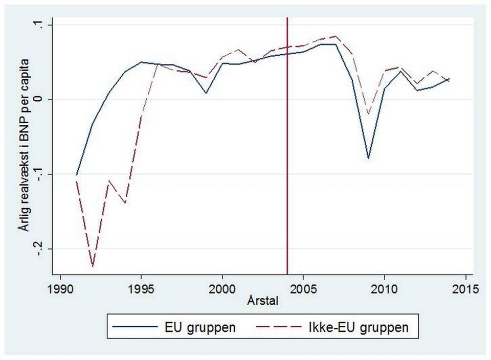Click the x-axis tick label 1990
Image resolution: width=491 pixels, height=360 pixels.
click(61, 288)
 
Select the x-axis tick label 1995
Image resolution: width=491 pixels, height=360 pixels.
click(142, 288)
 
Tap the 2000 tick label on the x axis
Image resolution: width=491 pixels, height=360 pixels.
click(222, 288)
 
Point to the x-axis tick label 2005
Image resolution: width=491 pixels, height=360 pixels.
click(303, 288)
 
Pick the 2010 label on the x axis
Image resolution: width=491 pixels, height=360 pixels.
click(384, 288)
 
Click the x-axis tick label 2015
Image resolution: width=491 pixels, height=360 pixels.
click(465, 288)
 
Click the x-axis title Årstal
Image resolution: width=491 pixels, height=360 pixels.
click(263, 301)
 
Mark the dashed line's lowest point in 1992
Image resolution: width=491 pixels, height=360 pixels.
click(93, 266)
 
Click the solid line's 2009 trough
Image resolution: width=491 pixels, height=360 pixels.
click(368, 159)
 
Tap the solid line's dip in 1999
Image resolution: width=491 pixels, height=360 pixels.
click(206, 93)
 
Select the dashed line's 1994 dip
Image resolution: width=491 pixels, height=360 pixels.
click(125, 203)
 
